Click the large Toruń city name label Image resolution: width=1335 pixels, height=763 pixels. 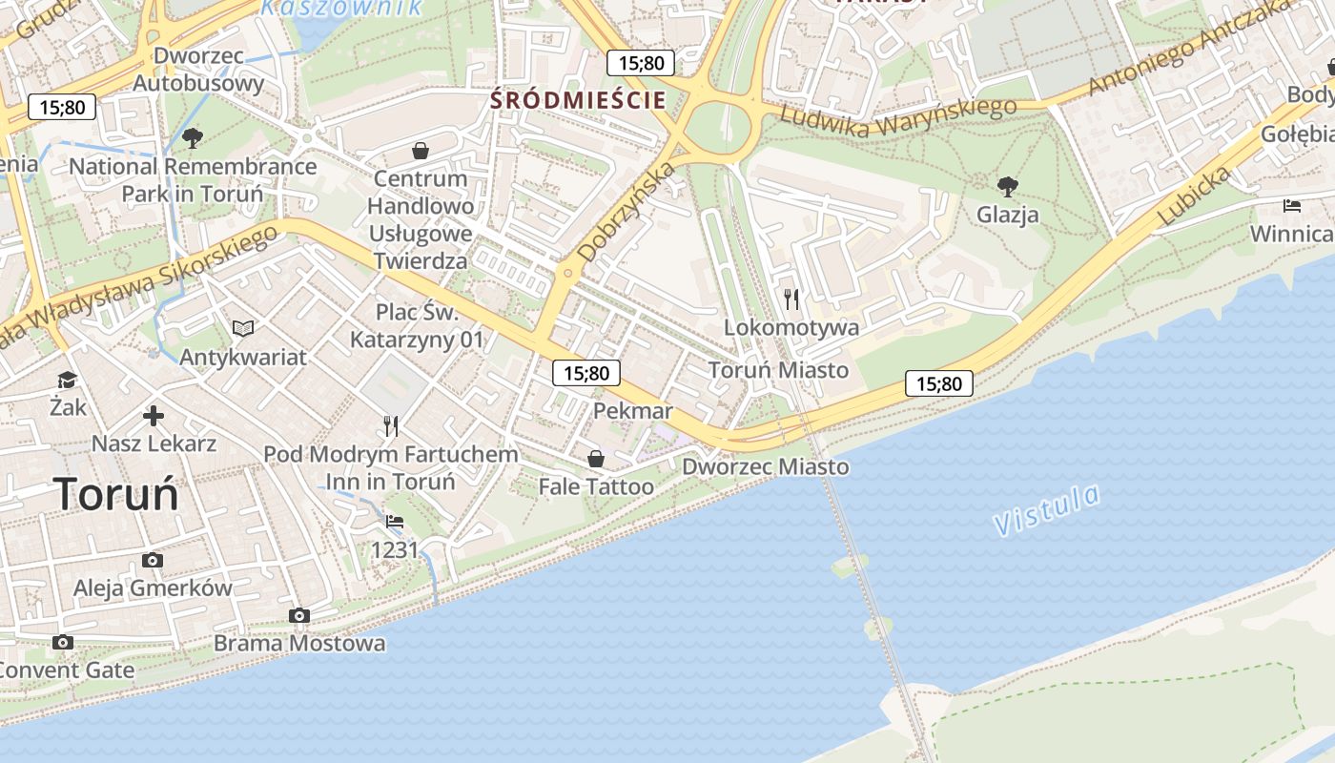[x=116, y=495]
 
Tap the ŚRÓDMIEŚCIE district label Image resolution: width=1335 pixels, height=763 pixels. [x=578, y=100]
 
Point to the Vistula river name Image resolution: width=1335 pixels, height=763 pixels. [x=1046, y=509]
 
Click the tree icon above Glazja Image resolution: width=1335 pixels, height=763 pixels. [x=1007, y=185]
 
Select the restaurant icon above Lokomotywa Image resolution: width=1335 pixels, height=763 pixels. [x=791, y=299]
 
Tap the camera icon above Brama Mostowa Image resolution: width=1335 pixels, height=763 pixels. [x=299, y=615]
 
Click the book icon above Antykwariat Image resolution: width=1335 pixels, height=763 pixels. [x=243, y=328]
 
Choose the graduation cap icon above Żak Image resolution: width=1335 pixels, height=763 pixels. [x=67, y=380]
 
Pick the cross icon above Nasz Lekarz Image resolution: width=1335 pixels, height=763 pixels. [x=154, y=416]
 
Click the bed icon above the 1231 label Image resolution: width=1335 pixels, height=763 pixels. [x=395, y=522]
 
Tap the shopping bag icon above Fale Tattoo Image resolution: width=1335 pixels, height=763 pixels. [x=596, y=459]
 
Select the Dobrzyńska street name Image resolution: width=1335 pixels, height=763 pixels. [x=626, y=212]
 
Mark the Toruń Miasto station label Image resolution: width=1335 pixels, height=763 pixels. [x=778, y=369]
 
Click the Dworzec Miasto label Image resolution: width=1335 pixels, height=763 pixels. [x=765, y=466]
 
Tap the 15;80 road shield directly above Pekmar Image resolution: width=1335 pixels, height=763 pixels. [x=586, y=373]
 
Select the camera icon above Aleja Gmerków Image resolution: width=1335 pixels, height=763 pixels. [x=152, y=560]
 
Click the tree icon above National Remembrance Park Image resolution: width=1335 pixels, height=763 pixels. [x=193, y=138]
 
